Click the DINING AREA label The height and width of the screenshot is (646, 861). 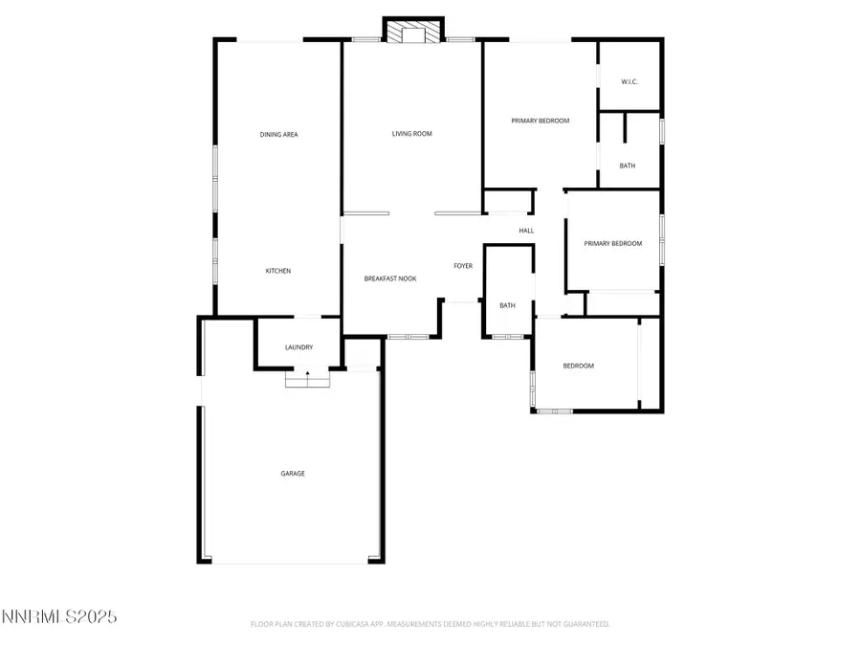[278, 135]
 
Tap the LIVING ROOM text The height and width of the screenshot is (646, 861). [411, 134]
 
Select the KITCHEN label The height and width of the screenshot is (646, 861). [277, 272]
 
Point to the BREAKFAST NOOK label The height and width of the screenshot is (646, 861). [389, 278]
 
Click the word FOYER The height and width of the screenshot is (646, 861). [463, 266]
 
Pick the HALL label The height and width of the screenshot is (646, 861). [526, 231]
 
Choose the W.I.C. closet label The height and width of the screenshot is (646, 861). [629, 82]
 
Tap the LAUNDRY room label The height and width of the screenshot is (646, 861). [298, 347]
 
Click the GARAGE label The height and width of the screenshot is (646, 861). [292, 474]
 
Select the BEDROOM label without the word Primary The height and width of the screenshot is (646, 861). [578, 367]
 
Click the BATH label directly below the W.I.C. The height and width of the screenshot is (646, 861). [627, 167]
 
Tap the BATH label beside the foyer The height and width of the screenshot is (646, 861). [507, 306]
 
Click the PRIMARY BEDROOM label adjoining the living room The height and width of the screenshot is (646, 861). [540, 122]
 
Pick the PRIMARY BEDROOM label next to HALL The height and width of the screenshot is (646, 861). [612, 244]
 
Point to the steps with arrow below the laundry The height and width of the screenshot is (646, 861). [307, 380]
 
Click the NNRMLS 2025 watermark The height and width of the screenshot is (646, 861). [59, 617]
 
